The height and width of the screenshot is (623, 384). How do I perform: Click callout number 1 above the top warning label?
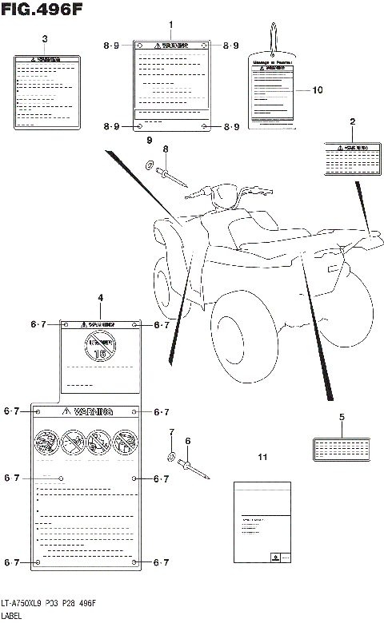click(170, 26)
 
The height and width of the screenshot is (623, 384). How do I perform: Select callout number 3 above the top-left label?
click(44, 39)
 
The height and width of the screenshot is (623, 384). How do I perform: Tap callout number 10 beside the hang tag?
click(318, 90)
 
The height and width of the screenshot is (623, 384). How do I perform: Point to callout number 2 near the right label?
click(352, 121)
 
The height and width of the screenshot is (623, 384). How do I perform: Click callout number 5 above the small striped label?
click(342, 417)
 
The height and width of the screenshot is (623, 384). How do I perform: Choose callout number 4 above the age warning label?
click(100, 298)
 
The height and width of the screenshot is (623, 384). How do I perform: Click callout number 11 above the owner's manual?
click(261, 457)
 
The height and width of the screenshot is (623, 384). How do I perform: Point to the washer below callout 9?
click(150, 165)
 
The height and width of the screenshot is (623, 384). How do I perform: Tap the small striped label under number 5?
click(341, 448)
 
